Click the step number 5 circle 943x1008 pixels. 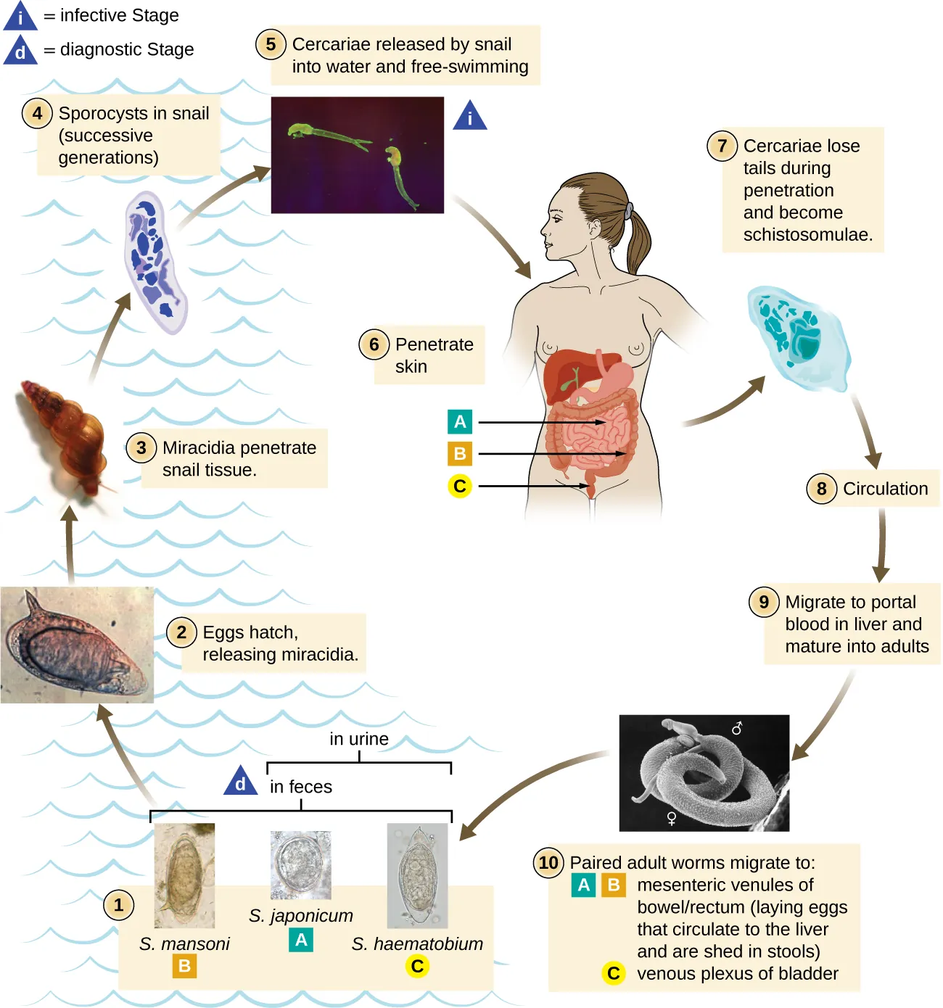tap(270, 44)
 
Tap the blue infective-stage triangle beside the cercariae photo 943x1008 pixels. tap(470, 117)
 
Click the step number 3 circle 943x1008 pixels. tap(141, 448)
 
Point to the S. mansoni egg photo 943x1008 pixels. tap(184, 875)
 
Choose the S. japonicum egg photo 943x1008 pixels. tap(300, 864)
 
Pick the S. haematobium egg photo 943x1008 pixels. tap(417, 875)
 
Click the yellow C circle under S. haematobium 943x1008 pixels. tap(417, 966)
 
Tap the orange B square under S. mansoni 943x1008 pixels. tap(184, 966)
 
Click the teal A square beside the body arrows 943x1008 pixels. tap(459, 421)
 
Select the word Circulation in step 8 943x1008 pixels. tap(885, 489)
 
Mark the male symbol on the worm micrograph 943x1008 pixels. tap(737, 727)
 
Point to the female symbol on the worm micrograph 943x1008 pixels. tap(672, 819)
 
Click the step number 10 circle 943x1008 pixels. tap(548, 863)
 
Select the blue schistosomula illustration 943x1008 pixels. tap(798, 337)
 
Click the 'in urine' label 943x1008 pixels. tap(359, 739)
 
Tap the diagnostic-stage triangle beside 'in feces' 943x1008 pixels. tap(241, 782)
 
